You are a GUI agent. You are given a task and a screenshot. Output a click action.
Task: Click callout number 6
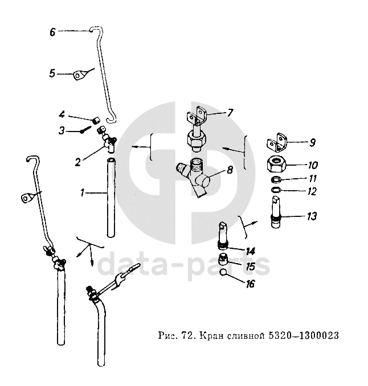pyautogui.click(x=52, y=32)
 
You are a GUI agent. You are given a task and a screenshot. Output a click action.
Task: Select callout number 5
pyautogui.click(x=52, y=73)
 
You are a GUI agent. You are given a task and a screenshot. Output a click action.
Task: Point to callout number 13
pyautogui.click(x=311, y=216)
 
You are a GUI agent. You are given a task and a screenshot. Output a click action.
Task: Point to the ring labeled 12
pyautogui.click(x=276, y=190)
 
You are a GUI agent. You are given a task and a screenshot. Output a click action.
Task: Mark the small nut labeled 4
pyautogui.click(x=97, y=120)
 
